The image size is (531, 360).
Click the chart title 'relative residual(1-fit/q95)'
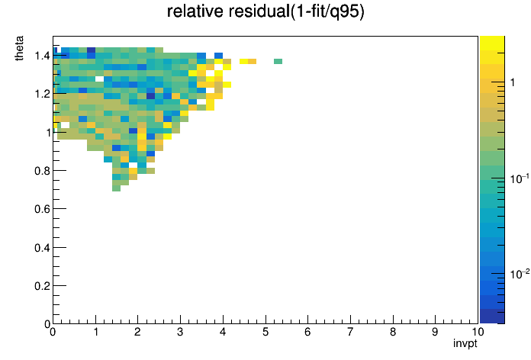tap(265, 11)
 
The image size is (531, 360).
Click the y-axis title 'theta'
tap(19, 48)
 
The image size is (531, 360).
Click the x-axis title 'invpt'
tap(465, 343)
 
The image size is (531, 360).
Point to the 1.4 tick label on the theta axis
tap(42, 56)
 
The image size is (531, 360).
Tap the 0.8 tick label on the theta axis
tap(42, 171)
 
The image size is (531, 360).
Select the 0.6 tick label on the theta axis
tap(42, 209)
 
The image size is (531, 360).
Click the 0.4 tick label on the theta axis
tap(42, 248)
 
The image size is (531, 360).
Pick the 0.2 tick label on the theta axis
tap(42, 286)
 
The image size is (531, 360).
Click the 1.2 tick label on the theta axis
tap(42, 94)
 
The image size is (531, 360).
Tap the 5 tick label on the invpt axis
tap(265, 332)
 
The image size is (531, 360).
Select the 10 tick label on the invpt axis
tap(478, 332)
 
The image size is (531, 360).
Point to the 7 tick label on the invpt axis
tap(350, 332)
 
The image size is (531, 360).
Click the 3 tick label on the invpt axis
tap(180, 332)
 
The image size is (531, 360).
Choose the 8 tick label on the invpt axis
tap(392, 332)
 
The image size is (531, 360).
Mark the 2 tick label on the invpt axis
tap(137, 332)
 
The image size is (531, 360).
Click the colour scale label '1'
tap(513, 82)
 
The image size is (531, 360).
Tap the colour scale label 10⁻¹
tap(520, 178)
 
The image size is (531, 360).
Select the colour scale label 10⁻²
tap(520, 274)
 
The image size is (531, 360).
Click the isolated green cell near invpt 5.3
tap(278, 61)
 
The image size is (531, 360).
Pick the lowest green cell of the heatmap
tap(116, 188)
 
